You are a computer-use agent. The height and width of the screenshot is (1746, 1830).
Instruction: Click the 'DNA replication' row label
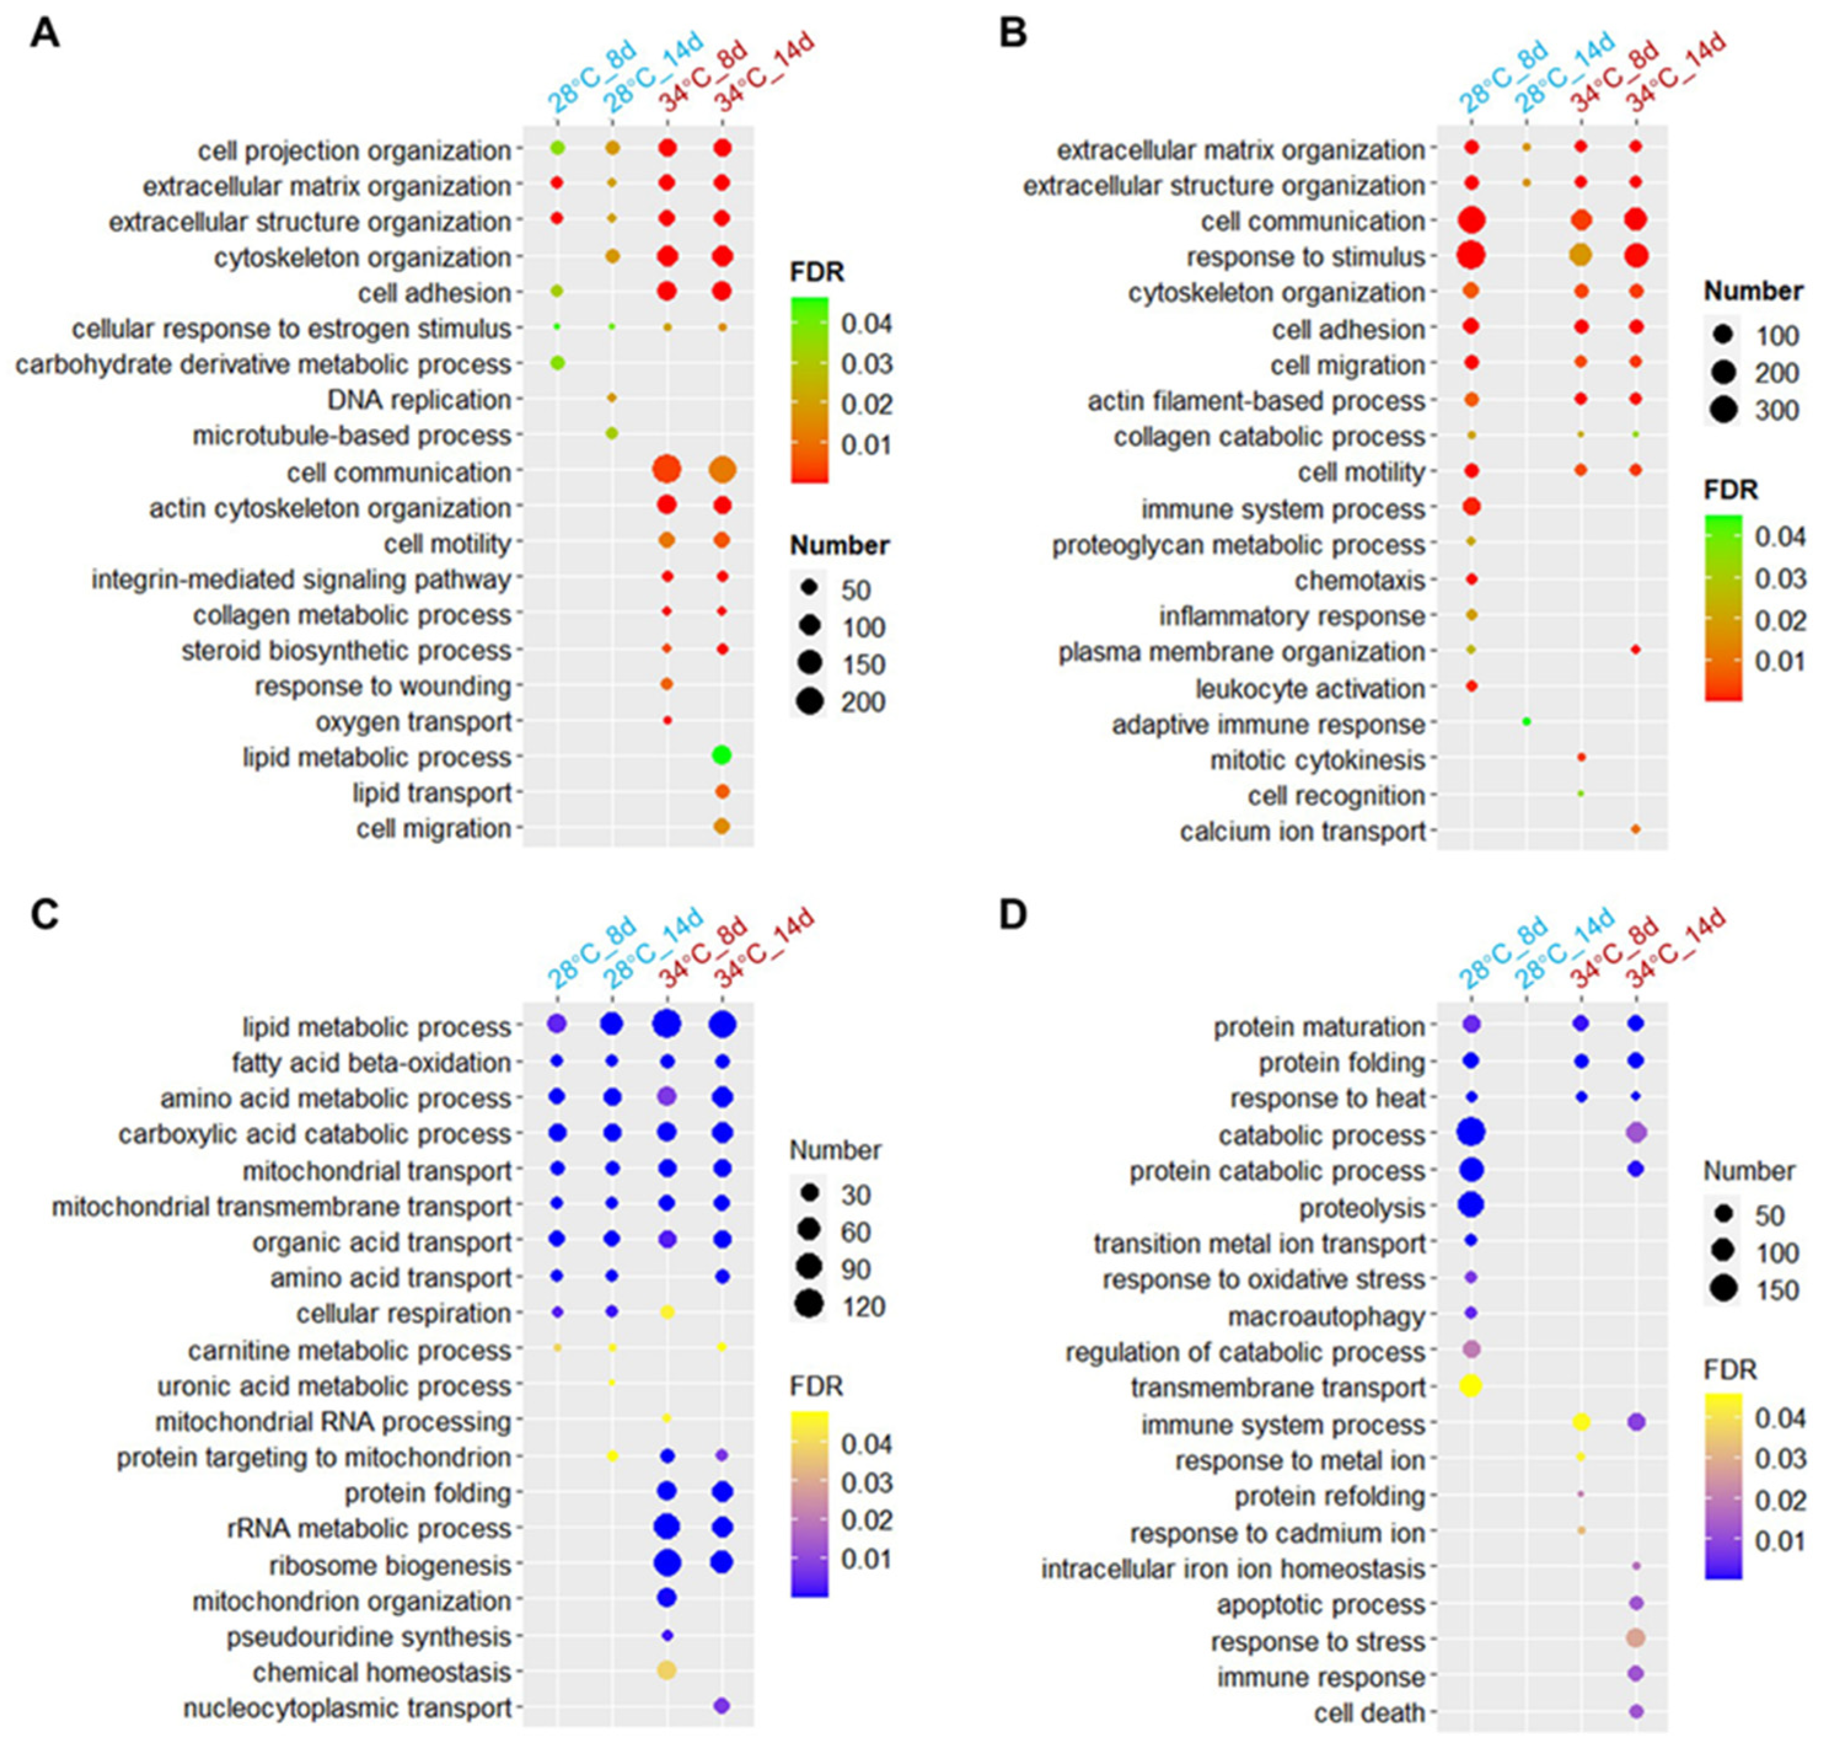pyautogui.click(x=419, y=400)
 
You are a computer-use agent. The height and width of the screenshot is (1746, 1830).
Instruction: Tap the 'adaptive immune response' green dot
pyautogui.click(x=1526, y=721)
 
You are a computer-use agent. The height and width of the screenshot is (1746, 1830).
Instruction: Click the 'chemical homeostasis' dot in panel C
pyautogui.click(x=667, y=1670)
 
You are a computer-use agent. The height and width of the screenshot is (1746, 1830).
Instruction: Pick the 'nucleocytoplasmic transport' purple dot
pyautogui.click(x=721, y=1707)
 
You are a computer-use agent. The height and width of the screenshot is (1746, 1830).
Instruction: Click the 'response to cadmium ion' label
pyautogui.click(x=1277, y=1533)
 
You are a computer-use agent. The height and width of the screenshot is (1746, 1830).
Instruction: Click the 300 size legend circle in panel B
pyautogui.click(x=1723, y=410)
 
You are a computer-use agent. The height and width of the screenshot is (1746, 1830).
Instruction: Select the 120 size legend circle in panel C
pyautogui.click(x=809, y=1306)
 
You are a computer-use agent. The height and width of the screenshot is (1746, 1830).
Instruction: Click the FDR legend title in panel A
pyautogui.click(x=816, y=273)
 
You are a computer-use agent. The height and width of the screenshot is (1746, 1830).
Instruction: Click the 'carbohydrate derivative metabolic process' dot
pyautogui.click(x=557, y=363)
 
